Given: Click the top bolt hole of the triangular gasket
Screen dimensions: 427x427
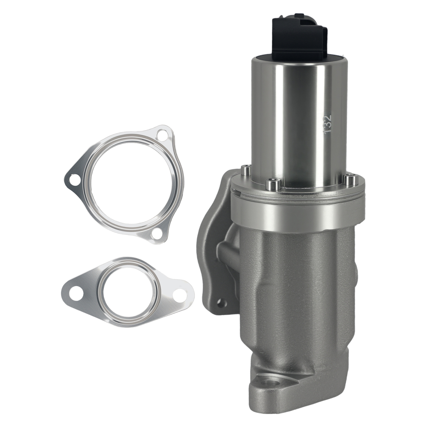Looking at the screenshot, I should coord(162,135).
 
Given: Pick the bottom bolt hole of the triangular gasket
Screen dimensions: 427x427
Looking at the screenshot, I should coord(157,234).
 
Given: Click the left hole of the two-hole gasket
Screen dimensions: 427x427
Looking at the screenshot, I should coord(76,293).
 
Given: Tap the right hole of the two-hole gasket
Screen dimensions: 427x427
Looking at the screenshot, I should coord(180,293).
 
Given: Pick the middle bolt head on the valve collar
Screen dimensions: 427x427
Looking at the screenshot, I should coord(274,184).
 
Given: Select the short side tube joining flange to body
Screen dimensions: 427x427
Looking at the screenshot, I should coord(228,252).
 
